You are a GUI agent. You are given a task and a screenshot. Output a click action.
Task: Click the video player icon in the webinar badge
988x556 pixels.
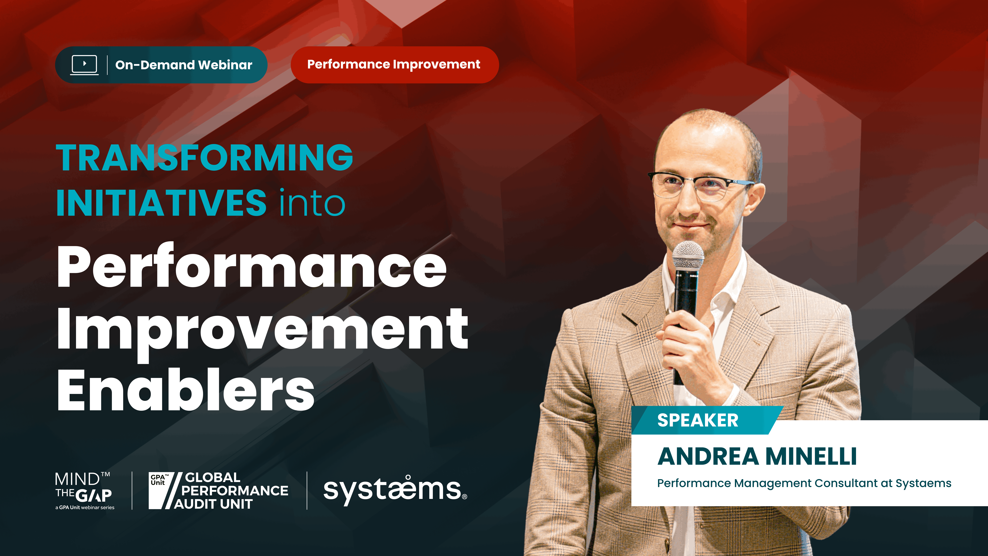pyautogui.click(x=84, y=64)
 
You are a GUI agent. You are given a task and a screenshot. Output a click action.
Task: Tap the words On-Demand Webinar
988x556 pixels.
pyautogui.click(x=184, y=65)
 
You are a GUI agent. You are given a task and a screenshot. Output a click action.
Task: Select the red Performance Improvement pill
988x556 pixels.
pyautogui.click(x=394, y=64)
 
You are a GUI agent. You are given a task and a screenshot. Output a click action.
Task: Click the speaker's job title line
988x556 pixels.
pyautogui.click(x=804, y=483)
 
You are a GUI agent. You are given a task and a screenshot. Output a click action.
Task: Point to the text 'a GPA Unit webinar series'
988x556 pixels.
pyautogui.click(x=85, y=507)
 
